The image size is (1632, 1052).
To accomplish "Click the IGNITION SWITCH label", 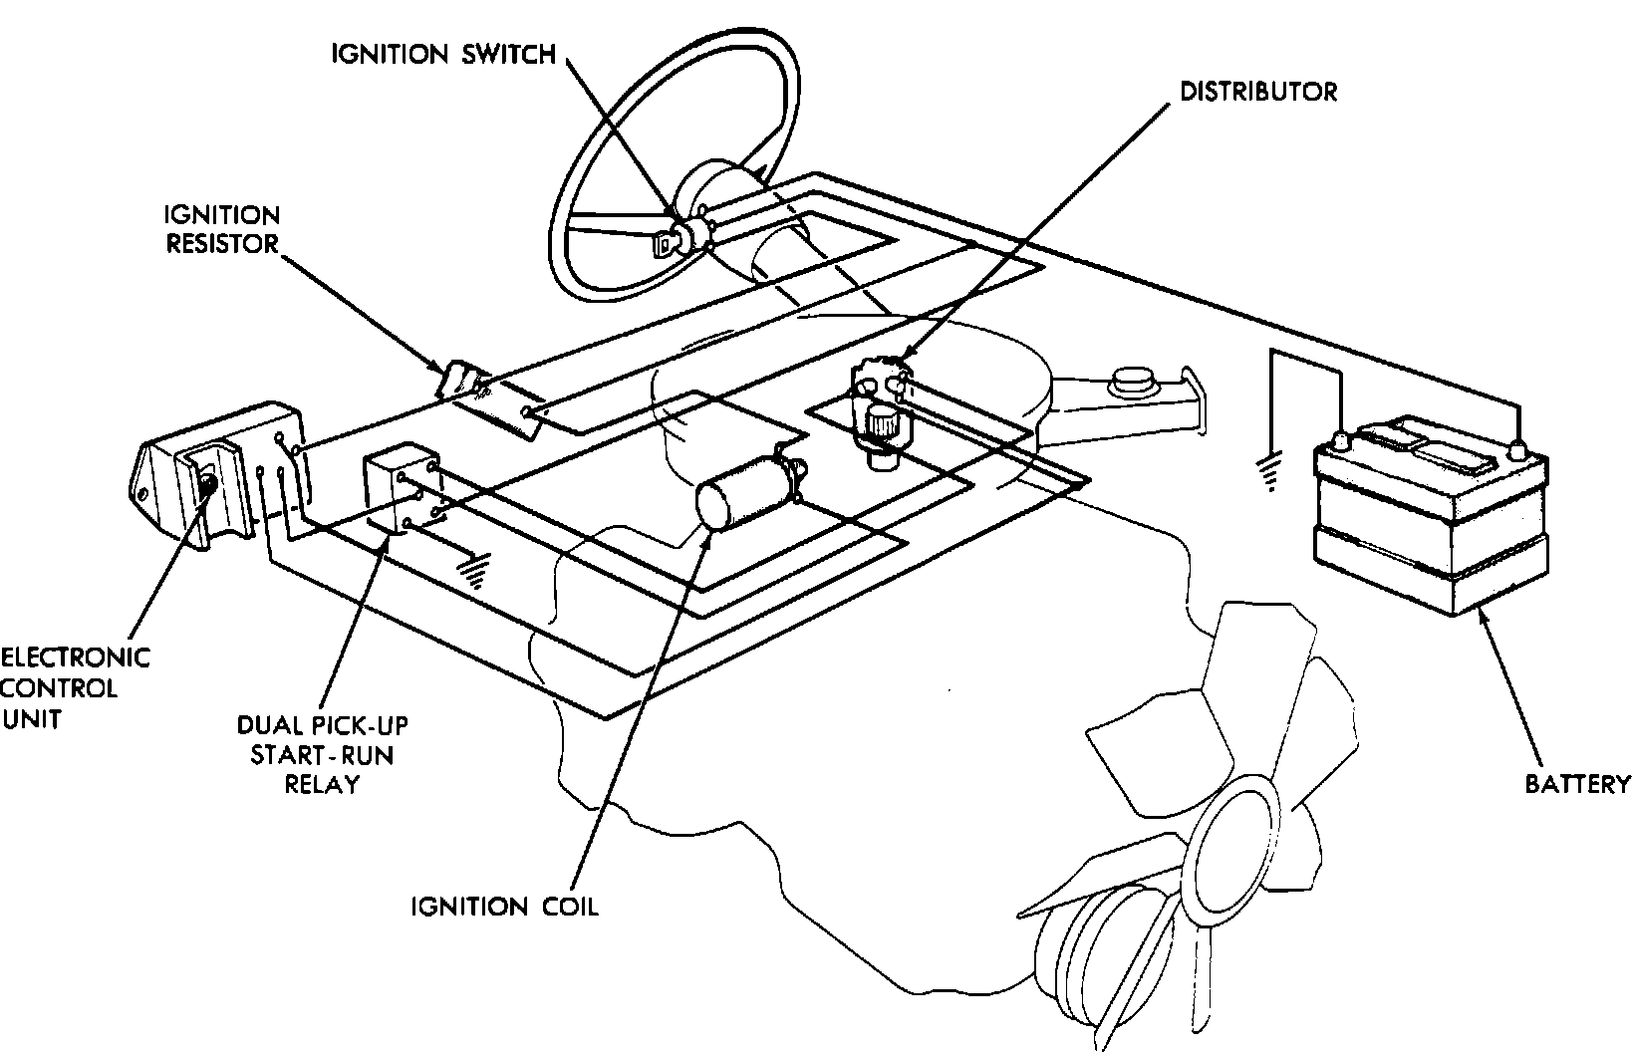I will click(x=443, y=54).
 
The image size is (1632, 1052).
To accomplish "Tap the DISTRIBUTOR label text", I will click(x=1257, y=92).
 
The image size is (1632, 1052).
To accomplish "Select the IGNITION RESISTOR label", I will click(x=223, y=229).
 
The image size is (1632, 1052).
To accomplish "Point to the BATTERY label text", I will click(x=1578, y=784).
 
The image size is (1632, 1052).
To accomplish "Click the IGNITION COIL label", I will click(x=505, y=907).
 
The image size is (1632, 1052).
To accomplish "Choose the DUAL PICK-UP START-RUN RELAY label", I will click(x=321, y=754).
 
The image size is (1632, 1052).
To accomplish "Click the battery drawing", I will click(x=1431, y=518).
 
